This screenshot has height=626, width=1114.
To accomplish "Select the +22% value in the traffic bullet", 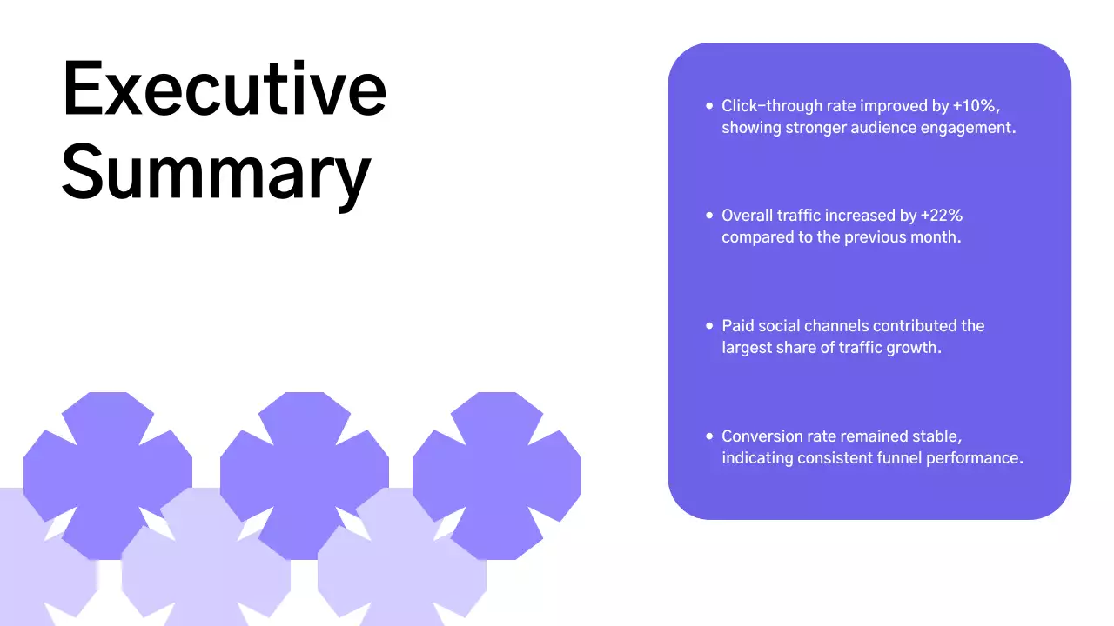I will coord(942,216).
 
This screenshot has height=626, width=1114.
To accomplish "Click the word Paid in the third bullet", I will coord(738,326).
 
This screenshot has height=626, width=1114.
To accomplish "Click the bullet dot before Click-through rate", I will coord(709,106).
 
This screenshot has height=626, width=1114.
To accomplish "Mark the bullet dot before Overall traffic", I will coord(709,216).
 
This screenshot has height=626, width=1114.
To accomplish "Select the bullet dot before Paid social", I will coord(709,326).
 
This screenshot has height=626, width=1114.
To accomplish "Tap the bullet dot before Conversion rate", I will coord(709,436).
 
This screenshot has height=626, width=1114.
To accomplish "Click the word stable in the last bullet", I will coord(936,436).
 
